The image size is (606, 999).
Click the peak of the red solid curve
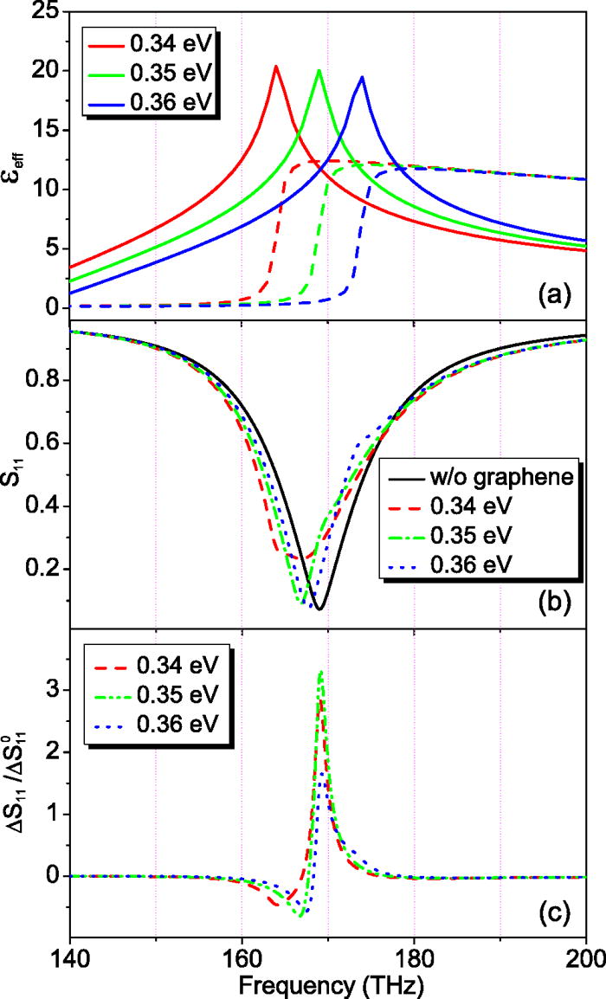(276, 67)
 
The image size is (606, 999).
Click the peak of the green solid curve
(319, 71)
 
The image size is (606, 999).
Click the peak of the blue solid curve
(362, 77)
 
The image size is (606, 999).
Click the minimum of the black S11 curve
(319, 609)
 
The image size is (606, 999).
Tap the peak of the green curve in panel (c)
(321, 671)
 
